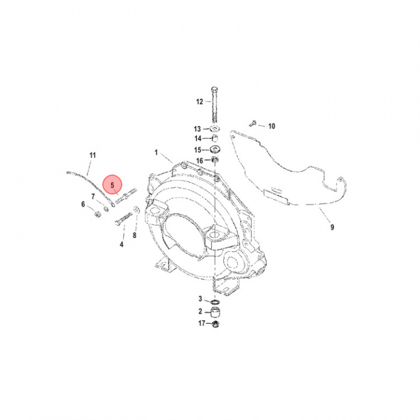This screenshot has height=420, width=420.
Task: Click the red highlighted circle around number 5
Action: pyautogui.click(x=113, y=184)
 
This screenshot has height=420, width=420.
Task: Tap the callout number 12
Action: pyautogui.click(x=199, y=101)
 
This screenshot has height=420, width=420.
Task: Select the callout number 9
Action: pyautogui.click(x=332, y=227)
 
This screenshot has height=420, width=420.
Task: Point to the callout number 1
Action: pyautogui.click(x=156, y=153)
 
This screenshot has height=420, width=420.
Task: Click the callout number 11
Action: pyautogui.click(x=92, y=155)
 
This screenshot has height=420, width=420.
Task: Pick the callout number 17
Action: pyautogui.click(x=202, y=323)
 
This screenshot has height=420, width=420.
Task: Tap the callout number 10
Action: pyautogui.click(x=272, y=126)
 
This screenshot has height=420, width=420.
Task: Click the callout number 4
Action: pyautogui.click(x=121, y=244)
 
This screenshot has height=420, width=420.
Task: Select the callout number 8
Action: pyautogui.click(x=135, y=235)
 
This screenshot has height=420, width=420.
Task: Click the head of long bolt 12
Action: pyautogui.click(x=215, y=89)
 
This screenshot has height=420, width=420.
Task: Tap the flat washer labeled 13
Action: pyautogui.click(x=215, y=128)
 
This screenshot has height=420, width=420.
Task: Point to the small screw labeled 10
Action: pyautogui.click(x=253, y=123)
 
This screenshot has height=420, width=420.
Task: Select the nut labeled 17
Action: pyautogui.click(x=215, y=324)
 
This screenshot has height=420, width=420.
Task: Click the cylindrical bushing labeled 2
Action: pyautogui.click(x=215, y=312)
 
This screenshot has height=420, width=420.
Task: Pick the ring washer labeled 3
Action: pyautogui.click(x=215, y=302)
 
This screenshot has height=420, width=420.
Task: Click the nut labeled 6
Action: pyautogui.click(x=97, y=214)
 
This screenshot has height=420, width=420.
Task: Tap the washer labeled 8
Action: pyautogui.click(x=136, y=209)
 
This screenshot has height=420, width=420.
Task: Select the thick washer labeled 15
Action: pyautogui.click(x=215, y=149)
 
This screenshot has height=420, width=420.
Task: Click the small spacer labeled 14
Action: pyautogui.click(x=215, y=138)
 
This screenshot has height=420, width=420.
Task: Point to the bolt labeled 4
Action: pyautogui.click(x=124, y=218)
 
